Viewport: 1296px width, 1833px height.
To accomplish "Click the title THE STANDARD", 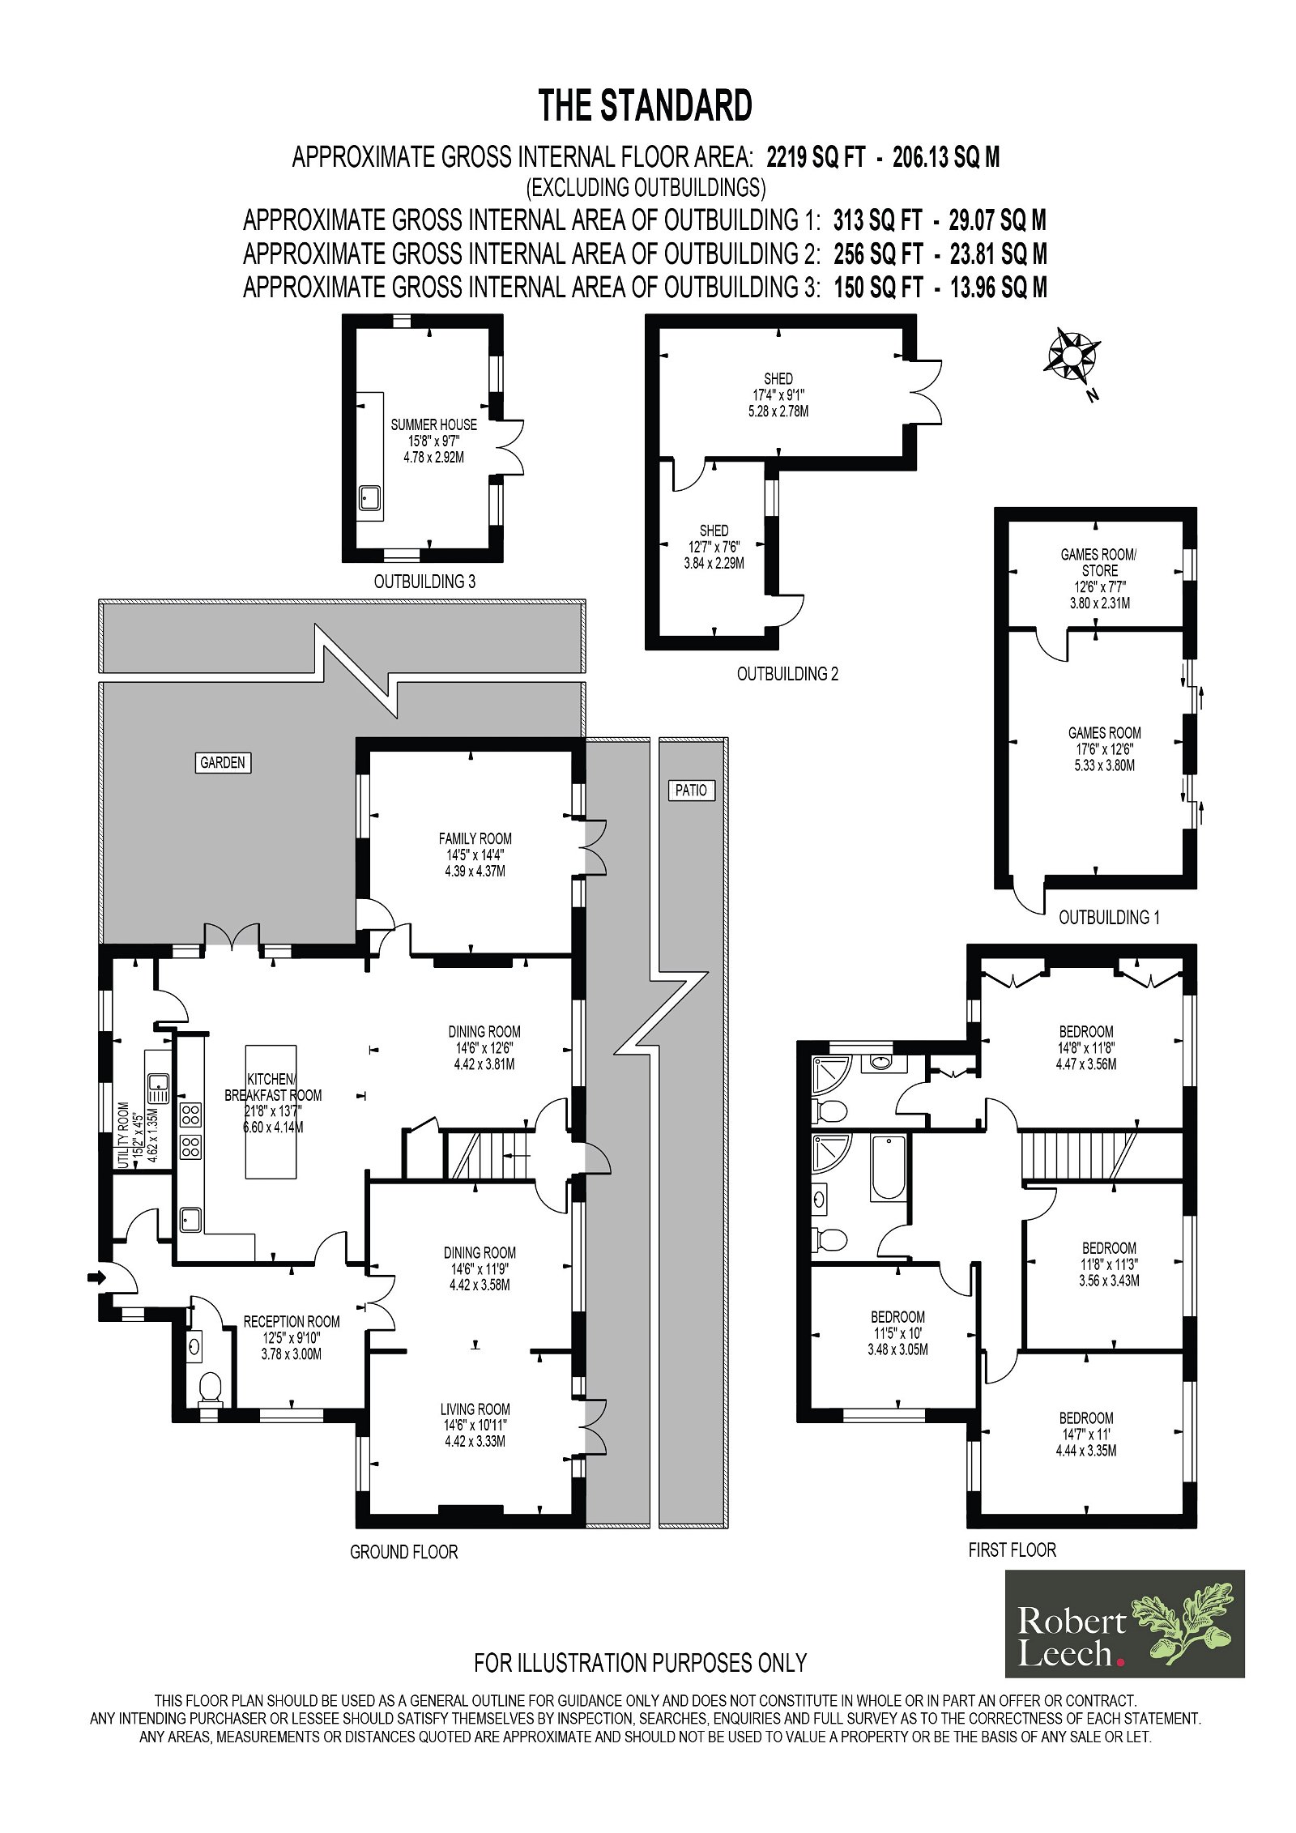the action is coord(646,106).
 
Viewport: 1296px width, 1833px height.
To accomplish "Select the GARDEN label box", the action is coord(222,762).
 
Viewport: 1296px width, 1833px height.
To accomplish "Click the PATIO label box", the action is coord(691,790).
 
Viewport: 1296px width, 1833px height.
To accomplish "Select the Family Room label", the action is coord(475,855).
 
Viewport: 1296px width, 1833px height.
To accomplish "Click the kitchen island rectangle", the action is coord(271,1110).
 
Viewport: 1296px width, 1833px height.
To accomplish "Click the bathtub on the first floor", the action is coord(887,1167).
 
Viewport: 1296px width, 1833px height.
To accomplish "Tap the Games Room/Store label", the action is coord(1099,578).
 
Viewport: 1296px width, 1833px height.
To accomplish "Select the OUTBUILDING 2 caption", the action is coord(787,673).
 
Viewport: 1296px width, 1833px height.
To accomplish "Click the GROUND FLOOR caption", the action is coord(403,1552).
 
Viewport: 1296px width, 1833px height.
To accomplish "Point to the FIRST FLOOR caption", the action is coord(1012,1550).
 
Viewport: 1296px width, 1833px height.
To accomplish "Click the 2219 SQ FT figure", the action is coord(816,156).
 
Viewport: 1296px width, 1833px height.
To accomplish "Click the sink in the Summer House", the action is coord(372,497).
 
